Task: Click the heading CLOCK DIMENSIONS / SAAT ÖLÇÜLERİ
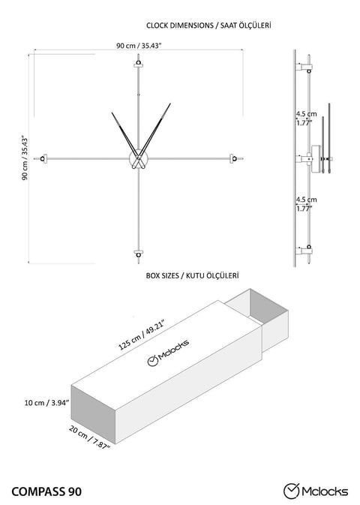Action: tap(208, 25)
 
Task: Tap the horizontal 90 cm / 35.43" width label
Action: tap(139, 46)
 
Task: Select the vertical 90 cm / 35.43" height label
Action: tap(25, 158)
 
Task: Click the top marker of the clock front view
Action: tap(139, 63)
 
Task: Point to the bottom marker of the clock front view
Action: tap(139, 254)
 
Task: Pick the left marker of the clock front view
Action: tap(43, 158)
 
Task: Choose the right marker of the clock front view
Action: tap(233, 158)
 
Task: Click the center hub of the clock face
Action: tap(139, 158)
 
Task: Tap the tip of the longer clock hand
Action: tap(170, 104)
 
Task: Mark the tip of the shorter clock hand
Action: tap(112, 113)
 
